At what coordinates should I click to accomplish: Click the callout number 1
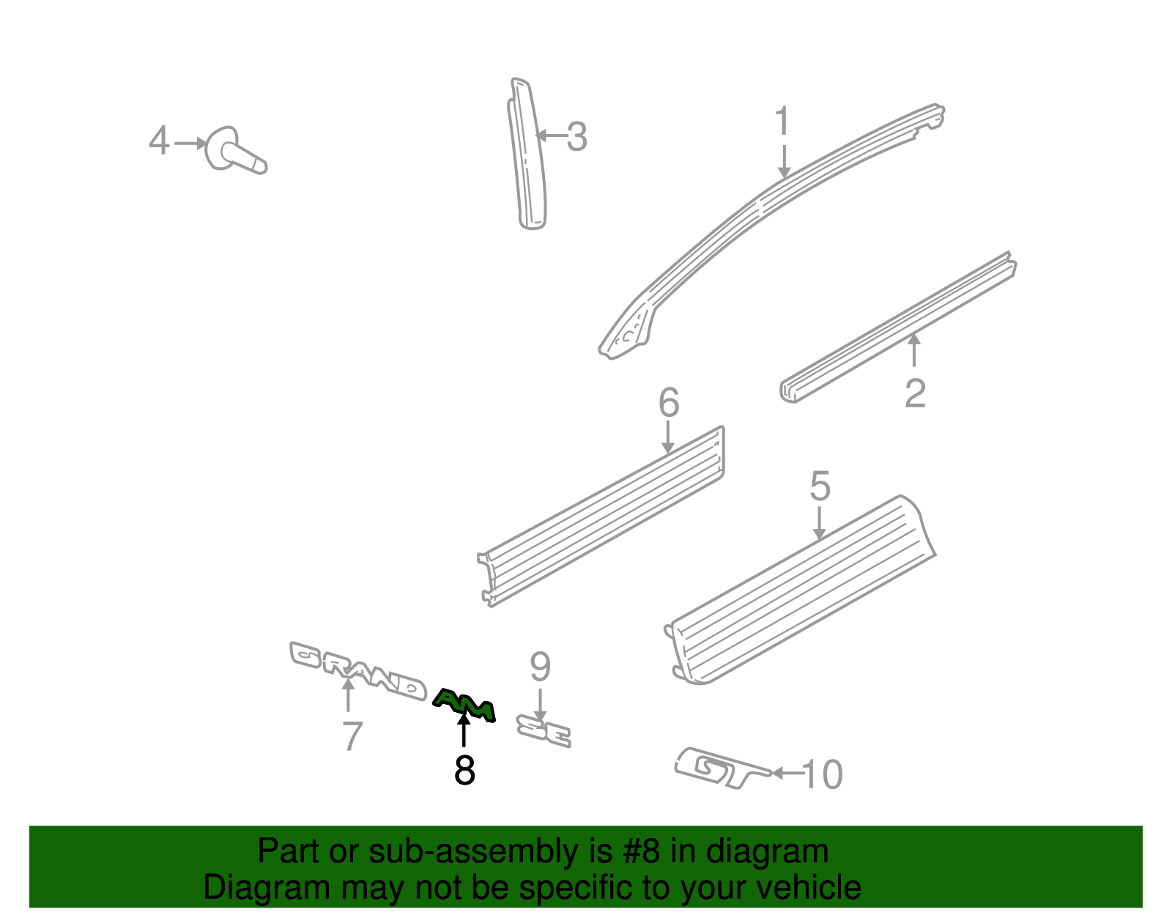click(782, 121)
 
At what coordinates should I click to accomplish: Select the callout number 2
click(916, 393)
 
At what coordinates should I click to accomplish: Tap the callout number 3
click(576, 136)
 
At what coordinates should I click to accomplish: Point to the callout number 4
click(159, 140)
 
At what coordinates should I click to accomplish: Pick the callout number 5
click(820, 485)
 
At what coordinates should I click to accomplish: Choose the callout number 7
click(352, 736)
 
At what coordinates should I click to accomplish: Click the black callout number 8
click(464, 770)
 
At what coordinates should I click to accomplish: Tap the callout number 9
click(540, 667)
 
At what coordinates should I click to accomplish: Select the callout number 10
click(822, 774)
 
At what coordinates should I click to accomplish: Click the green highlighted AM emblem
click(464, 705)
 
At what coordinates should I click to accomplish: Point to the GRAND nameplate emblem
click(358, 670)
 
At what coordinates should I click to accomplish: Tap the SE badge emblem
click(543, 731)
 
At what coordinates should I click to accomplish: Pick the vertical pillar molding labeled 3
click(527, 154)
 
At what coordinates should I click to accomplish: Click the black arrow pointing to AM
click(463, 729)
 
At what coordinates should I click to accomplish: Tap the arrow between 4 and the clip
click(190, 144)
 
